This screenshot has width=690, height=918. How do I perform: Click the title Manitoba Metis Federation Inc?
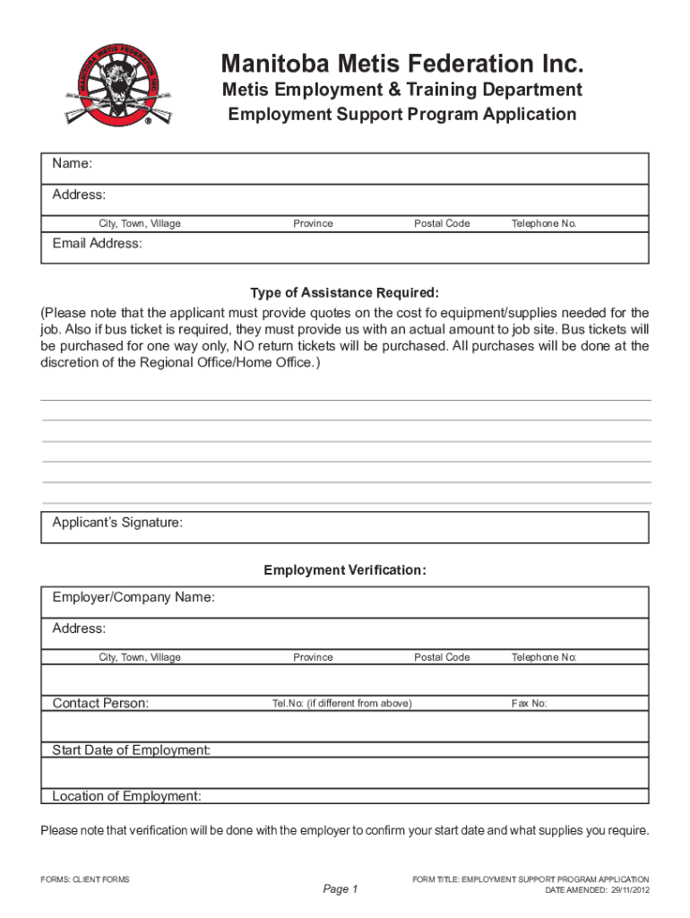[402, 65]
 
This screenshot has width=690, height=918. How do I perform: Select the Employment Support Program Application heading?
[402, 114]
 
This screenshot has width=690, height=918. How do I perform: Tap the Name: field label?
[73, 164]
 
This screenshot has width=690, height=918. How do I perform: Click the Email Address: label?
[97, 244]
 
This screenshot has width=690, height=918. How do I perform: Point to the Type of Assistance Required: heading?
[345, 293]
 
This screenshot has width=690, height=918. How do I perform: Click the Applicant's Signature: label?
[117, 524]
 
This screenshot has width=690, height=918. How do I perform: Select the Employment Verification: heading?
[345, 571]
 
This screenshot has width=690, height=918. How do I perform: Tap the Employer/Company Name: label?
[134, 597]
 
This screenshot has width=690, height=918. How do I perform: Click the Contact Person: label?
[100, 704]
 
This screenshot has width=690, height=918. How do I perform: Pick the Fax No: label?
[529, 704]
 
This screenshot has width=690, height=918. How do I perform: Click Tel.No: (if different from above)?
[341, 704]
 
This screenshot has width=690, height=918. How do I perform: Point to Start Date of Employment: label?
[132, 750]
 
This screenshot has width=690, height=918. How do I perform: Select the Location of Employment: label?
[126, 796]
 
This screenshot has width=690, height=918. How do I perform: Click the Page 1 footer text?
[341, 889]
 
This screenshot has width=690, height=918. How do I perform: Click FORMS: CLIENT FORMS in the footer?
[85, 879]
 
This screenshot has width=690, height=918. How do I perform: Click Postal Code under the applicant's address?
[442, 223]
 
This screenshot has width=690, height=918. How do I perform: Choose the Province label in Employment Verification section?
[313, 657]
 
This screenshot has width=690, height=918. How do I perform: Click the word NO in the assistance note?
[244, 345]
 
